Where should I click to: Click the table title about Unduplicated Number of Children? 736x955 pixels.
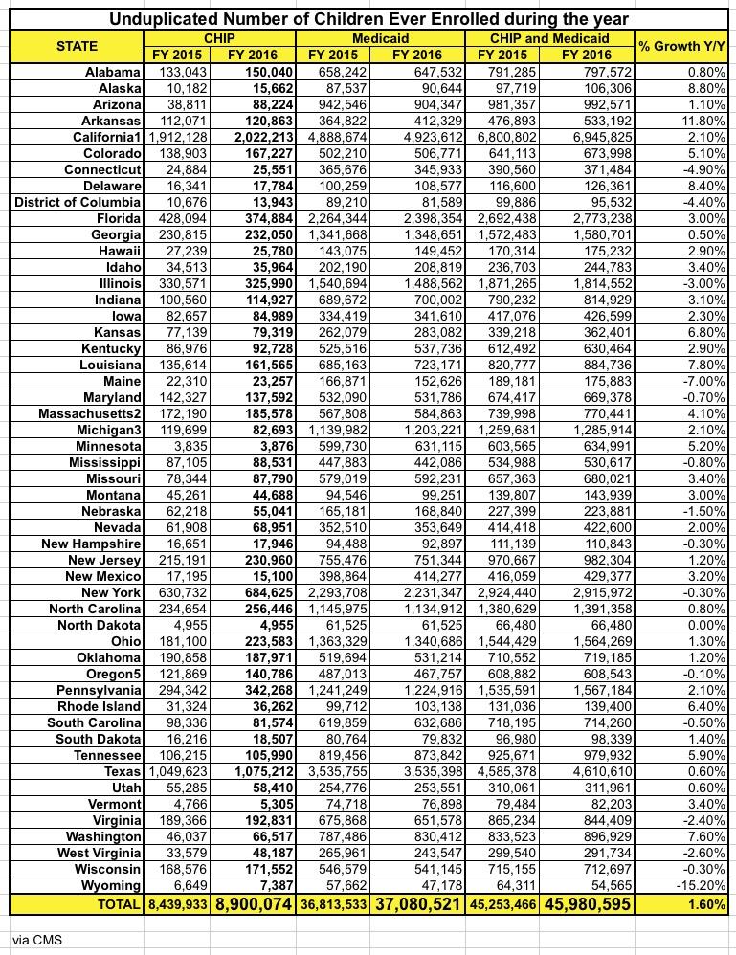(368, 17)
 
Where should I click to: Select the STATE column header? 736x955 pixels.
(77, 45)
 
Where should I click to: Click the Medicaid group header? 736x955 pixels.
(381, 37)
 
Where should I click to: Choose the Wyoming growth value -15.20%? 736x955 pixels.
(702, 887)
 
